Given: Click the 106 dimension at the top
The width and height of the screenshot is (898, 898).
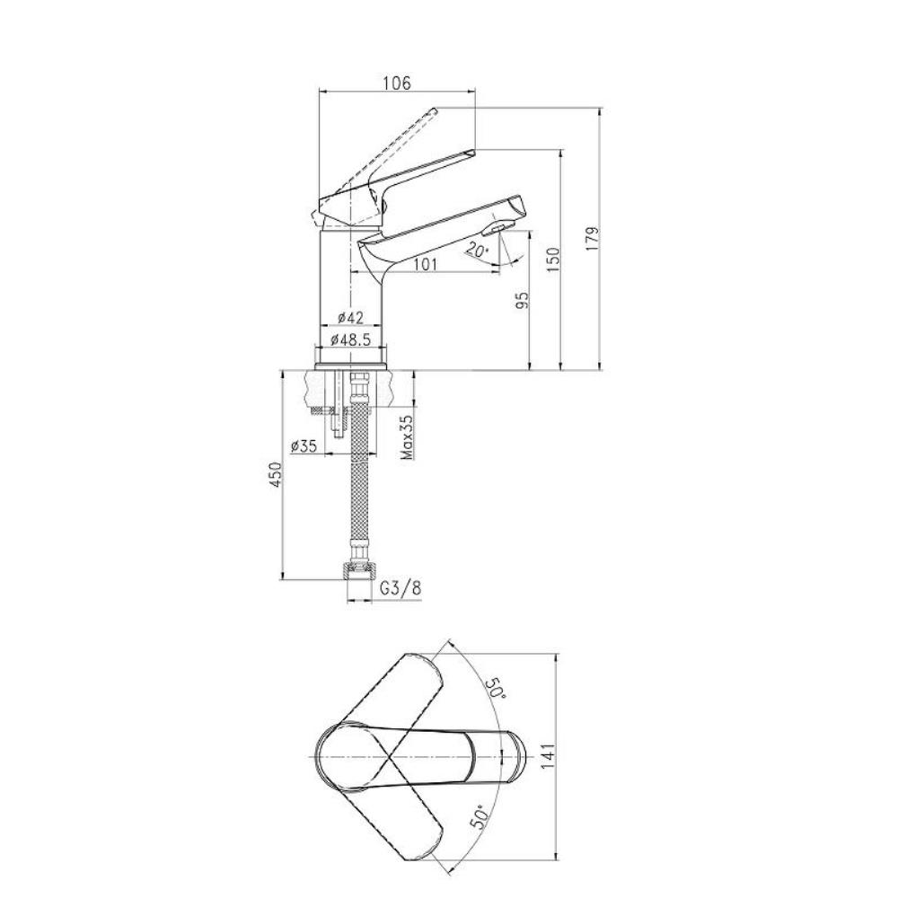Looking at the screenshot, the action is click(x=397, y=83).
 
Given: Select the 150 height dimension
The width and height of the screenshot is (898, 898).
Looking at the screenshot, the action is click(x=552, y=260).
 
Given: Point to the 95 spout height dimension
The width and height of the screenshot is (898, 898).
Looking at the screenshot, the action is click(x=522, y=300).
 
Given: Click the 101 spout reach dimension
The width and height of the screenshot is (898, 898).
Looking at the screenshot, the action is click(x=425, y=264).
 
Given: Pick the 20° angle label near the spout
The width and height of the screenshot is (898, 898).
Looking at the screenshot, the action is click(x=477, y=250).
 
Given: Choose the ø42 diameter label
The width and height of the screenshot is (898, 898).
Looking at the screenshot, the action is click(x=350, y=317).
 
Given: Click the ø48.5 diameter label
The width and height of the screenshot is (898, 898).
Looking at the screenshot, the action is click(x=350, y=339).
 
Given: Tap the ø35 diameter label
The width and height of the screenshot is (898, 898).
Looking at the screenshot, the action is click(x=304, y=446).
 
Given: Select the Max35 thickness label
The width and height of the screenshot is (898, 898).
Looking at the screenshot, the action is click(x=407, y=437).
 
